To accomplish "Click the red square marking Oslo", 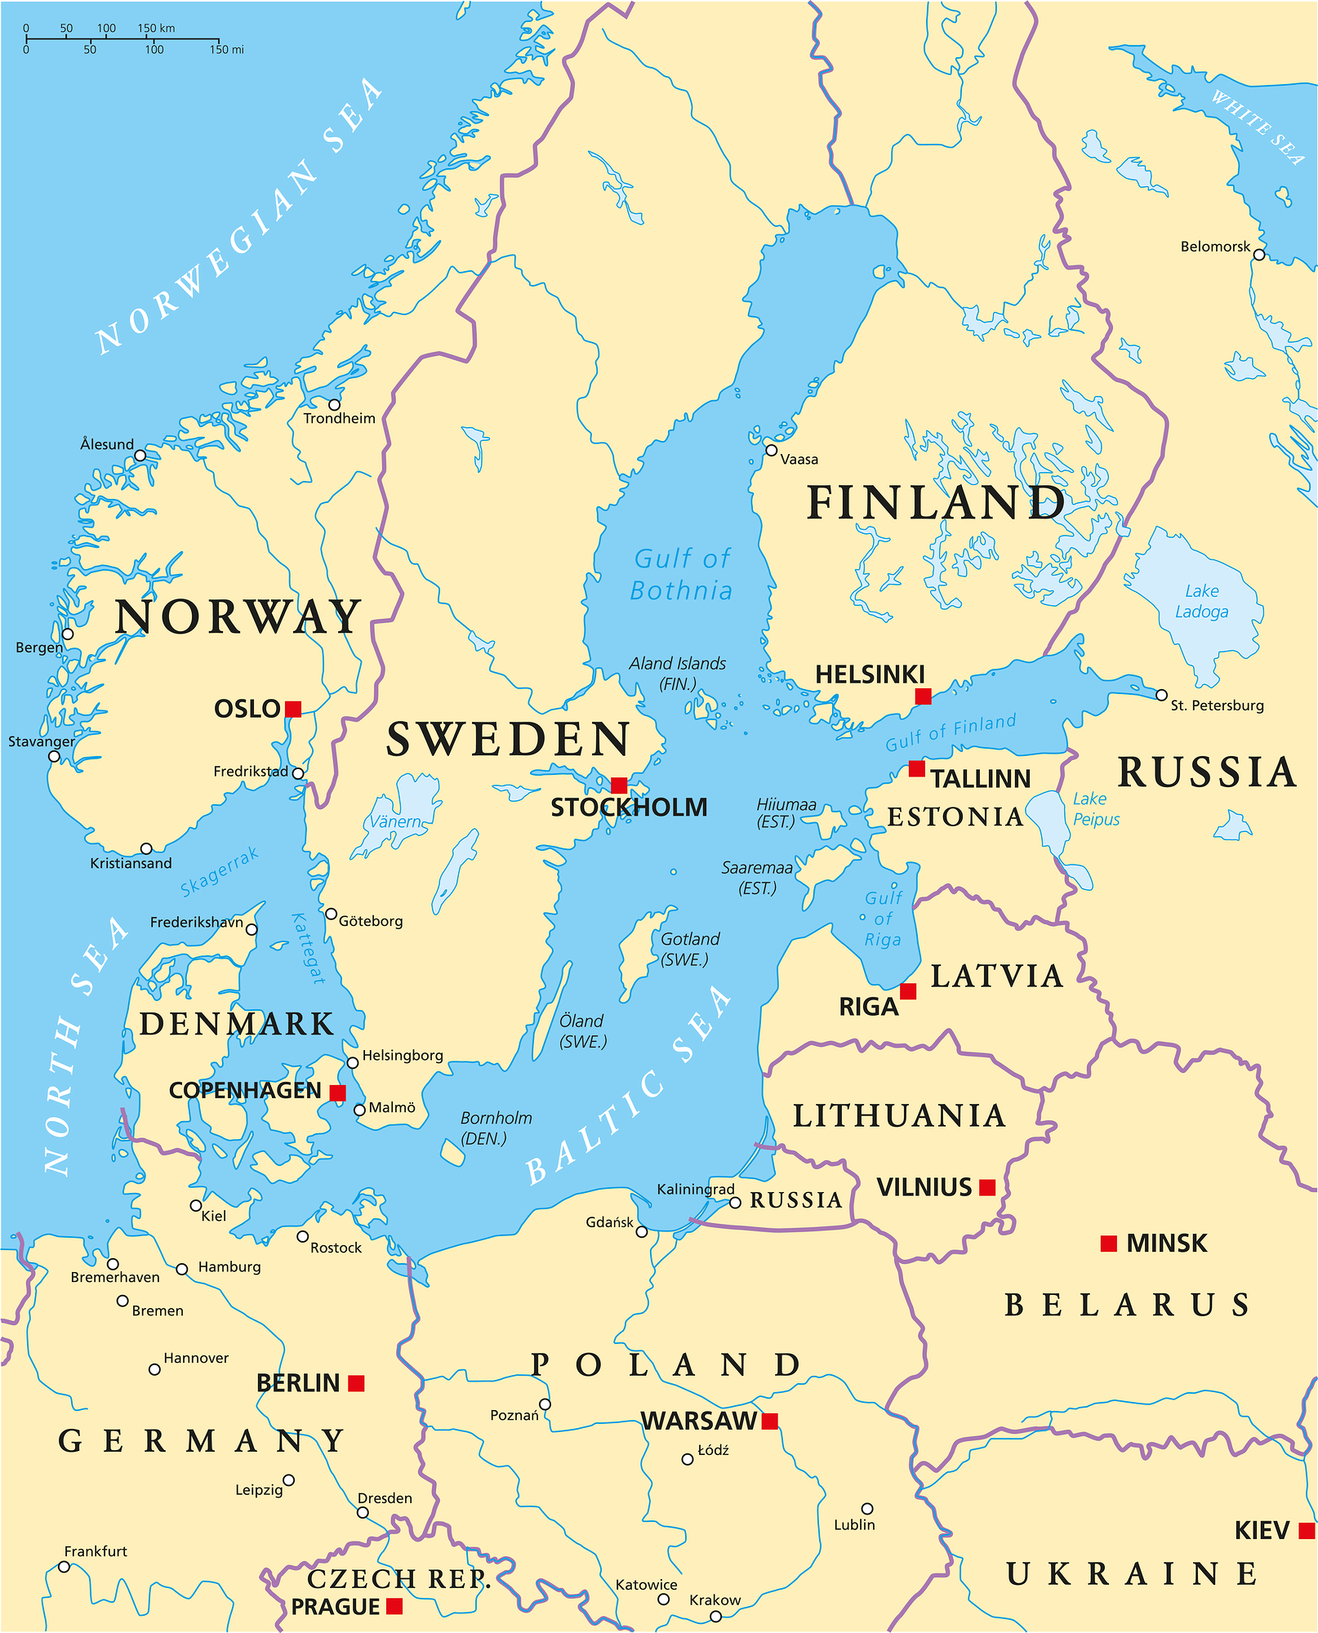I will [293, 709].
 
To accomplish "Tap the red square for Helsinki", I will [923, 696].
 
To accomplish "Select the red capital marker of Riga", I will [908, 991].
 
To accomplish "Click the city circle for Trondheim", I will [334, 404].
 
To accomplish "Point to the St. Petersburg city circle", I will [1161, 696].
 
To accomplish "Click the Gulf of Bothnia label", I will [682, 575].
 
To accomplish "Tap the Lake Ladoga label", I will [1201, 601].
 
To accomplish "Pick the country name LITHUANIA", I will [899, 1116].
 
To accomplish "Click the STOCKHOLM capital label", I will [628, 808].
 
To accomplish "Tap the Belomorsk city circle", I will [1258, 255].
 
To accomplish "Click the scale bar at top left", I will [122, 39].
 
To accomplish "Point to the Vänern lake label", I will [395, 822].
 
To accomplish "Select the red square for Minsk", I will [1108, 1244].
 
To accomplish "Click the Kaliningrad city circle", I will [735, 1203].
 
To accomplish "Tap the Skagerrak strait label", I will [219, 872].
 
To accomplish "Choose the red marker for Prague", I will [394, 1606].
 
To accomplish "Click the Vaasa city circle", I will [771, 450].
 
